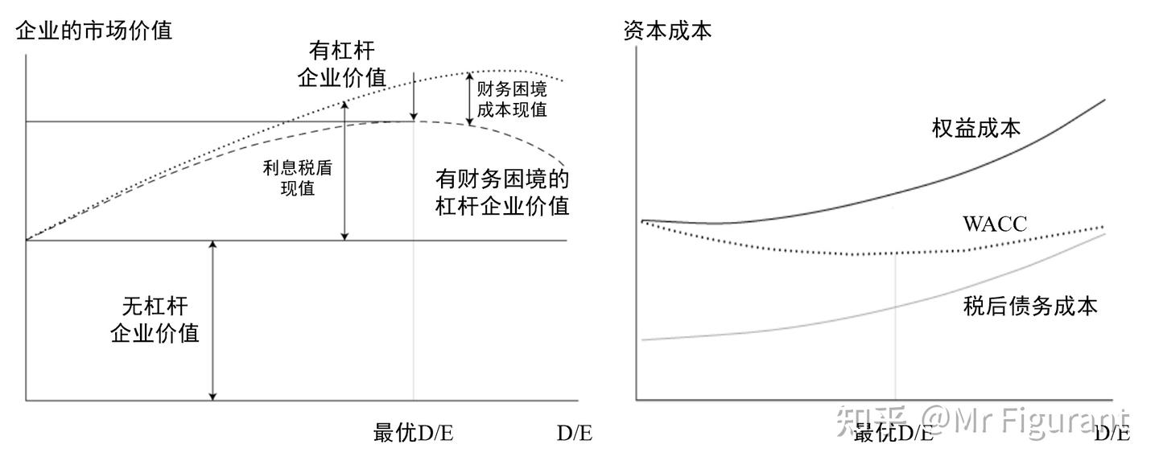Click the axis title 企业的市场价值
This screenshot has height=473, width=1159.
click(x=93, y=31)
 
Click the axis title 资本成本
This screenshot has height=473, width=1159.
click(x=667, y=31)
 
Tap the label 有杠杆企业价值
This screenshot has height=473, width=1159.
click(x=341, y=64)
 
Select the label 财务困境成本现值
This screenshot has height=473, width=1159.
click(x=511, y=99)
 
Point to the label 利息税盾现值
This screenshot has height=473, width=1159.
click(x=297, y=179)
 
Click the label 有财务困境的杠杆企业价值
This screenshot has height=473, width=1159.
click(x=502, y=191)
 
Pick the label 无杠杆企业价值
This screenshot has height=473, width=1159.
click(x=155, y=319)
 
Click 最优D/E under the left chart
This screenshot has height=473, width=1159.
click(x=413, y=433)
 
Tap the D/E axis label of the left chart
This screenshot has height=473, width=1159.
click(x=575, y=433)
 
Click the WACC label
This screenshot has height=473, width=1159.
click(x=995, y=224)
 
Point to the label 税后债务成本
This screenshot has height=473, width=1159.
click(x=1029, y=306)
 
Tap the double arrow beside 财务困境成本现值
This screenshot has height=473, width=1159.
click(x=470, y=98)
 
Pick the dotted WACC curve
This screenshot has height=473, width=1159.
click(x=805, y=250)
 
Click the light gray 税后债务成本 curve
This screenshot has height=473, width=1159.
click(x=805, y=324)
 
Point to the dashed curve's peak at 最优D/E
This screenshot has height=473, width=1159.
click(x=413, y=121)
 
